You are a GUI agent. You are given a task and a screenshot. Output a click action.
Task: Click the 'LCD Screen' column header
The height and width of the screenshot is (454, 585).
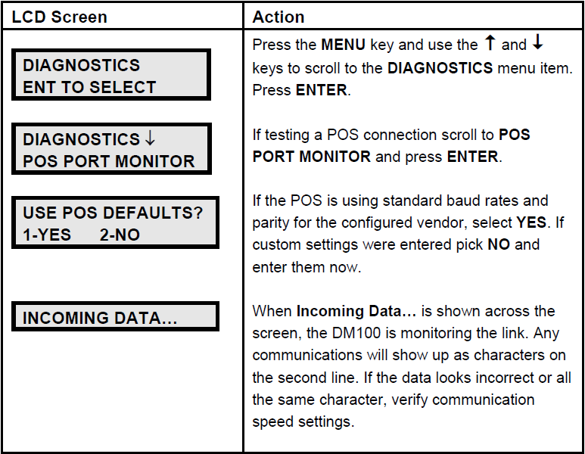pyautogui.click(x=59, y=17)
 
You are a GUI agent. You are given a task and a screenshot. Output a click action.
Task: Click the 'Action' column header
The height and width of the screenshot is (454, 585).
pyautogui.click(x=278, y=17)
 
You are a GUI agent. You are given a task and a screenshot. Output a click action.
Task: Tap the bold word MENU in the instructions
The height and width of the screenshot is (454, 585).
pyautogui.click(x=343, y=45)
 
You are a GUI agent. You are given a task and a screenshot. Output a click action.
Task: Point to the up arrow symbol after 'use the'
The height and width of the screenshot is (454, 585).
pyautogui.click(x=490, y=42)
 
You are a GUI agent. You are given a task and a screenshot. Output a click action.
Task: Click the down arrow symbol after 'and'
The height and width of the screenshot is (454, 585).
pyautogui.click(x=537, y=42)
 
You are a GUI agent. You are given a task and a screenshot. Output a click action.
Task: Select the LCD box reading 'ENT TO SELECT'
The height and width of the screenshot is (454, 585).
pyautogui.click(x=111, y=75)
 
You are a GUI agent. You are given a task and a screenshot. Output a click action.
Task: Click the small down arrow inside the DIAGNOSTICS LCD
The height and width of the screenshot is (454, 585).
pyautogui.click(x=150, y=138)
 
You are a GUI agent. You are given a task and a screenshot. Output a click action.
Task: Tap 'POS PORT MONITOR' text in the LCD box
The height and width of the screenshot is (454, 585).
pyautogui.click(x=108, y=161)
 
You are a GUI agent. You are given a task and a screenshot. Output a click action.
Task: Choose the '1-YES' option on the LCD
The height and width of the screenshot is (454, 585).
pyautogui.click(x=47, y=235)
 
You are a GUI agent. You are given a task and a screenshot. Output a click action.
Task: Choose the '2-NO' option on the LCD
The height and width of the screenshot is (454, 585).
pyautogui.click(x=120, y=235)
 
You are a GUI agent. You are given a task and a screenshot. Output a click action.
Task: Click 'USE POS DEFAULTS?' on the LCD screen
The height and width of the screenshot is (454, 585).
pyautogui.click(x=113, y=213)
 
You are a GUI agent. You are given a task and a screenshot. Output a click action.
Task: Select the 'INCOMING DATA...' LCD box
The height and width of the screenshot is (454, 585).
pyautogui.click(x=115, y=316)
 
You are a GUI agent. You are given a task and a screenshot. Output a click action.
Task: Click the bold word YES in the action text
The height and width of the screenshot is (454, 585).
pyautogui.click(x=531, y=222)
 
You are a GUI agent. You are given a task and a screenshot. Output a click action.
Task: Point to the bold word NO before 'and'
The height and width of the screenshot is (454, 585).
pyautogui.click(x=499, y=244)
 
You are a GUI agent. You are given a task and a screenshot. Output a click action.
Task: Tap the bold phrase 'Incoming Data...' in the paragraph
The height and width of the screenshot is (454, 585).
pyautogui.click(x=356, y=311)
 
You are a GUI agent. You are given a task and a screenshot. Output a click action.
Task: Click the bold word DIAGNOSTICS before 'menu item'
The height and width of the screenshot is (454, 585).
pyautogui.click(x=440, y=68)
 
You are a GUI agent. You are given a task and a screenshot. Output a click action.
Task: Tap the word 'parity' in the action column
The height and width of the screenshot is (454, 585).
pyautogui.click(x=270, y=223)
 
